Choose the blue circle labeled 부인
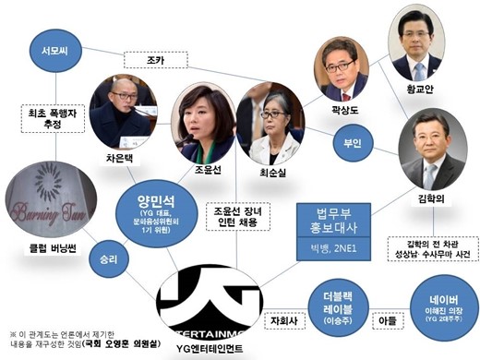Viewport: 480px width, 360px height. (353, 144)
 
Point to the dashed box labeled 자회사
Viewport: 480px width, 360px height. (282, 323)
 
